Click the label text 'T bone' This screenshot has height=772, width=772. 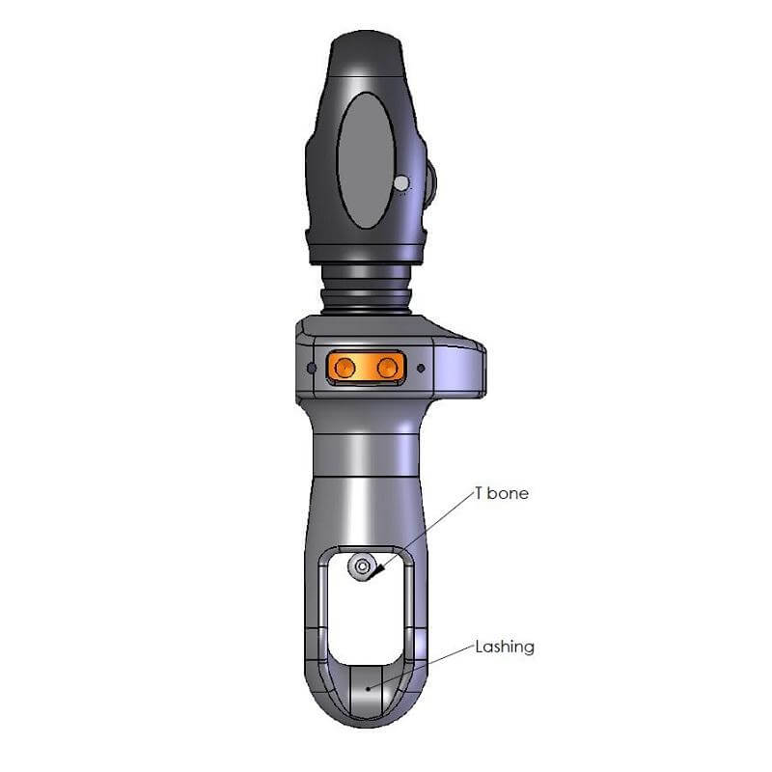[x=501, y=493]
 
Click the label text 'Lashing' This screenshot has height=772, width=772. [x=504, y=647]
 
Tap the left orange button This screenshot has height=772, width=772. [x=343, y=367]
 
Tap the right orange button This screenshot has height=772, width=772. [x=386, y=367]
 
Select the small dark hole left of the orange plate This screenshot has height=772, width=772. [x=310, y=368]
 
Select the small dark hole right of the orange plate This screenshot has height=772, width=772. [x=420, y=368]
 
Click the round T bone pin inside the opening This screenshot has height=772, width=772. [x=363, y=566]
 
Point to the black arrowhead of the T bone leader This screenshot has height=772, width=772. [x=378, y=572]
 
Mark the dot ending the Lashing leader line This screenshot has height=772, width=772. [x=368, y=688]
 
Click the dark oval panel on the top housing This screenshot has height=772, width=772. [x=366, y=160]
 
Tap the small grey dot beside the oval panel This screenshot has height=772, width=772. [x=401, y=181]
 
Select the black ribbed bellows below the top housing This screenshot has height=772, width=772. [x=367, y=288]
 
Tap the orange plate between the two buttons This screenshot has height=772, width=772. [x=365, y=367]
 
